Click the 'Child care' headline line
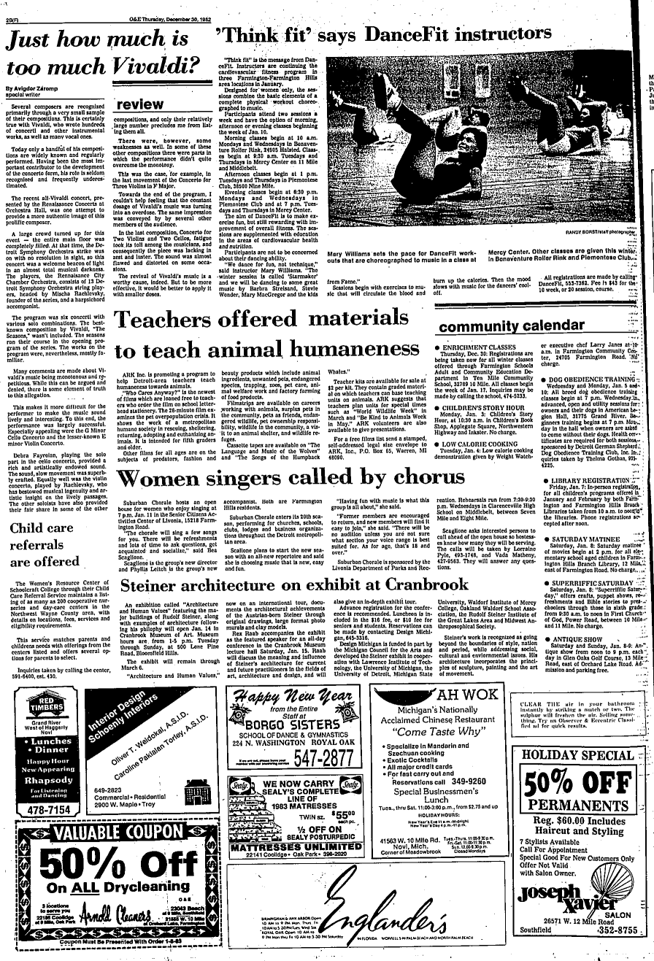click(42, 528)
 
